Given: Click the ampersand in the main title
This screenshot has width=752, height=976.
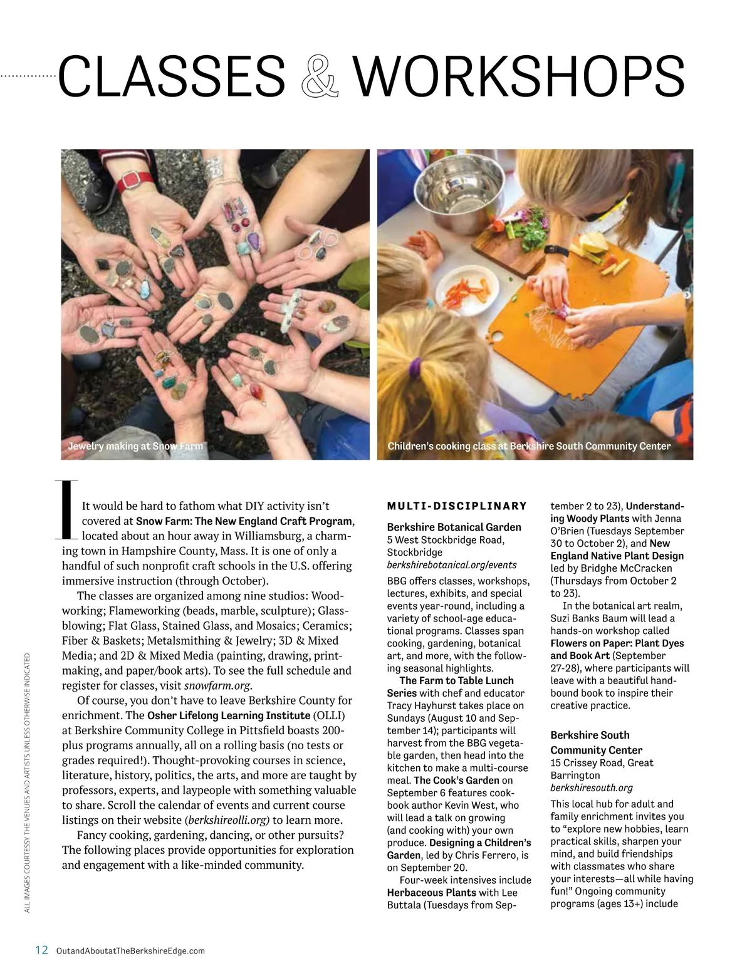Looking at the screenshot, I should pos(320,77).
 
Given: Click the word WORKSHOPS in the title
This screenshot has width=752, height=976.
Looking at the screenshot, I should pos(518,77).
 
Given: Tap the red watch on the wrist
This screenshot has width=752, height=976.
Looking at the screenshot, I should pos(147,181).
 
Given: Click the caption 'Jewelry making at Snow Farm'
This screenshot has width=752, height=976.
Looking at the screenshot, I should pos(135,447).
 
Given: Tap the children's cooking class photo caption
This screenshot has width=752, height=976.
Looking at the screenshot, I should pos(529,447).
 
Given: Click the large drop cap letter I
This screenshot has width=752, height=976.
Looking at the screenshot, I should pos(68,510).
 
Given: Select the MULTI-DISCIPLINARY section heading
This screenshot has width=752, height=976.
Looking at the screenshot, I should pos(457,506).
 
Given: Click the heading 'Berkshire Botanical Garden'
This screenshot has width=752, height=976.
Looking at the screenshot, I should pos(454,527).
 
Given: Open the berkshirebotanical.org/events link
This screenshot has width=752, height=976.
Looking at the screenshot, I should pos(452,565).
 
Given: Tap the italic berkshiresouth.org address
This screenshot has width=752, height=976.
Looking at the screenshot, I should pos(592,788).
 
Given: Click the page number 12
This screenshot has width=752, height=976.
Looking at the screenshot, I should pos(41,950).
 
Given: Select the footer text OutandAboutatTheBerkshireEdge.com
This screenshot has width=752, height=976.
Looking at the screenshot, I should pos(130,951).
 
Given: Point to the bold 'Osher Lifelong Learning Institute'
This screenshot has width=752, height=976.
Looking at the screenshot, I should pos(229,715).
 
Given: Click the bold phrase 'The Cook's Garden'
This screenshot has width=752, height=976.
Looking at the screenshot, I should pos(456,781).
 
